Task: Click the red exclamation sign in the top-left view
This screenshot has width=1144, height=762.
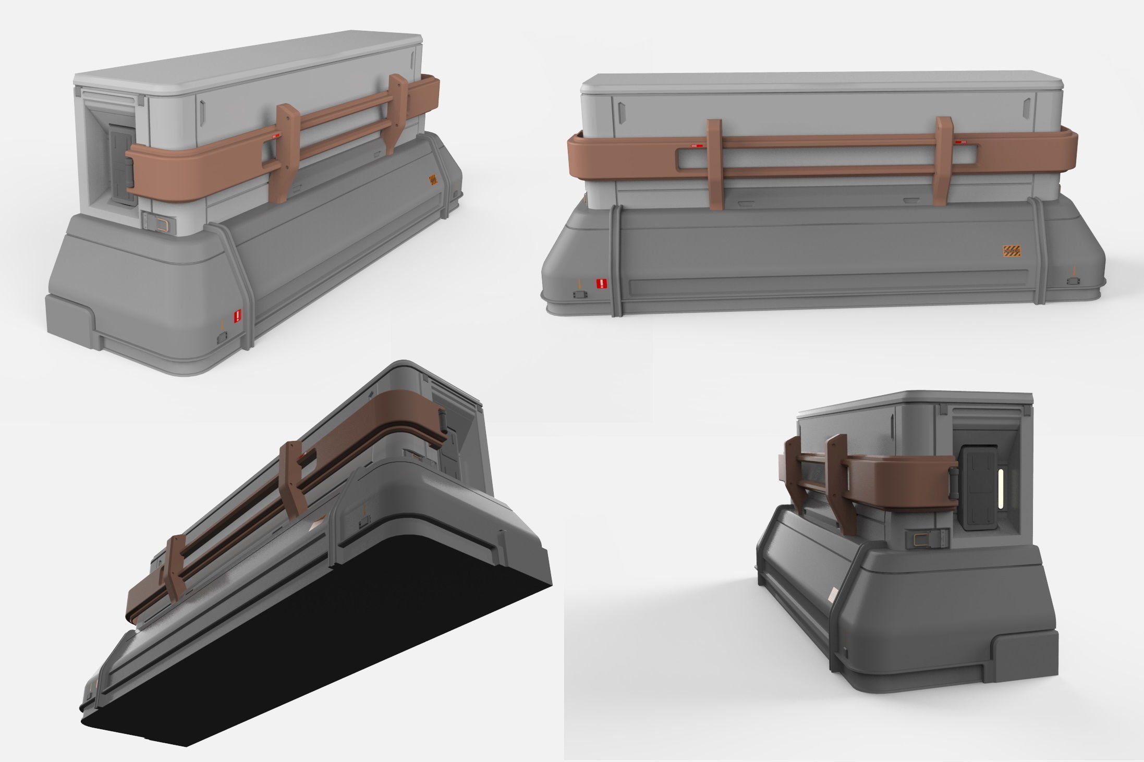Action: point(238,315)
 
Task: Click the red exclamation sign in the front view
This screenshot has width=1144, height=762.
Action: point(602,284)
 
